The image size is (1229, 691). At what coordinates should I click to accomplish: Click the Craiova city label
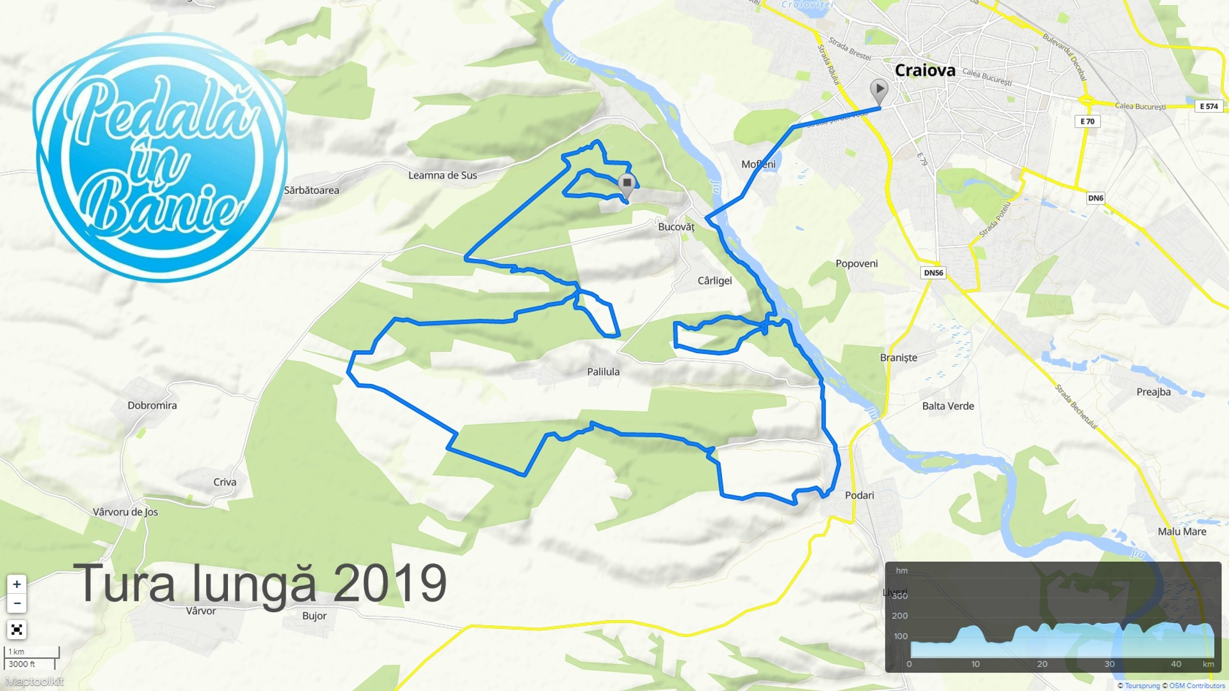coord(924,70)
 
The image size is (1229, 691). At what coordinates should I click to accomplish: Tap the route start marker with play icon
coord(879,90)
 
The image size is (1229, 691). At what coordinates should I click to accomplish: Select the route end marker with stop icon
coord(627,184)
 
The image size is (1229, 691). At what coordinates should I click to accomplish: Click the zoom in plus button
coord(17,584)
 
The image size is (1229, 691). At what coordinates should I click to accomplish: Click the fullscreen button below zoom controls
coord(17,630)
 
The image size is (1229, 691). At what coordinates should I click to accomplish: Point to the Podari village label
coord(859,495)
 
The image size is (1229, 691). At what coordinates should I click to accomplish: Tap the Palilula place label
coord(603,372)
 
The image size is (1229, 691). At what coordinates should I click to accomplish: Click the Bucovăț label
coord(676,226)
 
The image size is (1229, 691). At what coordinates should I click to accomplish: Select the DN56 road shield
coord(933,273)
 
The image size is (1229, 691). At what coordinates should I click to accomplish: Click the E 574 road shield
coord(1209,106)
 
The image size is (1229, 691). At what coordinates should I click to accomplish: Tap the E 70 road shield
coord(1087,122)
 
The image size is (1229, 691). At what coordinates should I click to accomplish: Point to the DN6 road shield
coord(1095,198)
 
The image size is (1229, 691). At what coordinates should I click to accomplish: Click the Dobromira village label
coord(152,406)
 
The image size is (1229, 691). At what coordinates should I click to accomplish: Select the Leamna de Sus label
coord(442,175)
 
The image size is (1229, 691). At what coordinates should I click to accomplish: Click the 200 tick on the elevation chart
coord(899,616)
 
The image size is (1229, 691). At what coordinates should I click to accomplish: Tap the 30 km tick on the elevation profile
coord(1109,664)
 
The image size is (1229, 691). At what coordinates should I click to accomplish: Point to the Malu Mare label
coord(1182,532)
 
